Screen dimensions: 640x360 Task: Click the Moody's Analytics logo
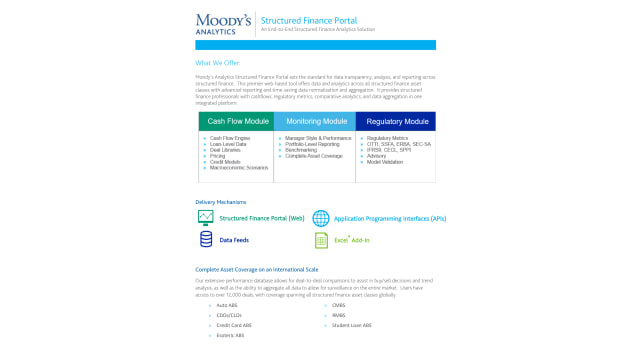[x=224, y=23]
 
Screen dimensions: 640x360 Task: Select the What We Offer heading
[x=217, y=63]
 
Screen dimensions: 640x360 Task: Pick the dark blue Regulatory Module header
[x=397, y=121]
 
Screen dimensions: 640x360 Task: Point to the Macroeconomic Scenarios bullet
[x=239, y=167]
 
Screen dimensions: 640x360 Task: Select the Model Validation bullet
[x=385, y=161]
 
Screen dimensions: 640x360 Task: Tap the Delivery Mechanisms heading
[x=220, y=202]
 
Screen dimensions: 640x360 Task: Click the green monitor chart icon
[x=206, y=218]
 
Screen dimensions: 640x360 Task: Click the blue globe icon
[x=321, y=218]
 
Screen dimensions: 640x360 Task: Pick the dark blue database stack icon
[x=206, y=240]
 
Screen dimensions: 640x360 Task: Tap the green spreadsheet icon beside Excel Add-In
[x=321, y=240]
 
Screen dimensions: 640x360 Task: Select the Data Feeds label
[x=234, y=240]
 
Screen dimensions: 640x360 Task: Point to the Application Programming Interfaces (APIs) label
[x=390, y=218]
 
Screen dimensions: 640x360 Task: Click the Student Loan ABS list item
[x=352, y=325]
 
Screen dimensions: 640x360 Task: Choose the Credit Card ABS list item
[x=234, y=325]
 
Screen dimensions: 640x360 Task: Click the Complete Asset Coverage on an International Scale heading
[x=257, y=269]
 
